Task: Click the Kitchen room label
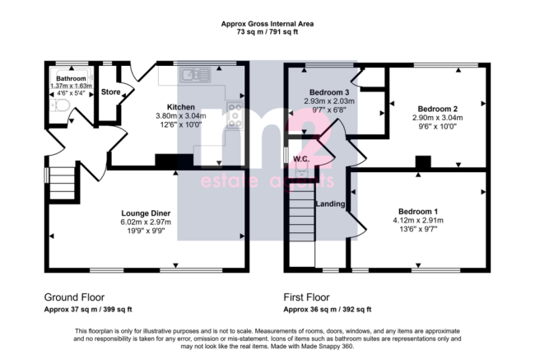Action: pos(181,107)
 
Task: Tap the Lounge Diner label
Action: pos(146,213)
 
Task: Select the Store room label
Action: pos(110,92)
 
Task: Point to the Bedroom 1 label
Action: pos(418,212)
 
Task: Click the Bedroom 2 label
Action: pos(437,109)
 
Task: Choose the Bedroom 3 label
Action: pos(329,92)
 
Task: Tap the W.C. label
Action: pos(301,159)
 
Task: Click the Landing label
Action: pos(330,204)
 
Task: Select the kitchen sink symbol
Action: pos(195,75)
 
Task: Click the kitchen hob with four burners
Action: pos(235,115)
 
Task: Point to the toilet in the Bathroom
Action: pos(60,105)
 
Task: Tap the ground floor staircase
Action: pos(62,183)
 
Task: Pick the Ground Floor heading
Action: pos(74,297)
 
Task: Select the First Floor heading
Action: pos(306,297)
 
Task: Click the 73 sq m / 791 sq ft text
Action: pos(267,32)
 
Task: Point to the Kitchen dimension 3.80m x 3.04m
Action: pos(181,116)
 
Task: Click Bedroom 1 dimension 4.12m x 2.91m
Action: pos(418,220)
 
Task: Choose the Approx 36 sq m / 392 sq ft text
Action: pos(328,310)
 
